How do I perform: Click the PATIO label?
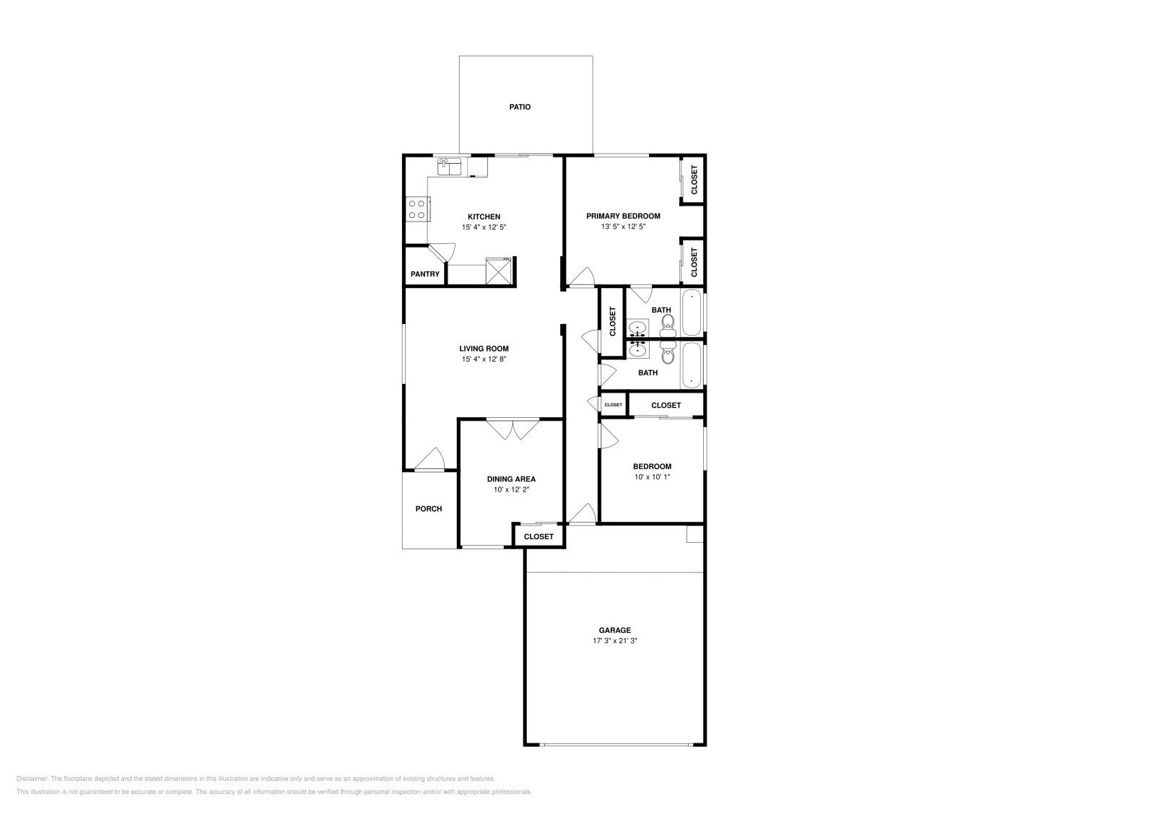pos(520,107)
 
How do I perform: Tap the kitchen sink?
pos(450,167)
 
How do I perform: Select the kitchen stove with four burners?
pos(417,209)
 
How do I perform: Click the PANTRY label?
pos(425,274)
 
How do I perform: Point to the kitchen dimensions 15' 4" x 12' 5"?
pos(484,227)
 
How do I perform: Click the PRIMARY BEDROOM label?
pos(623,216)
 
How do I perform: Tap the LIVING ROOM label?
pos(484,349)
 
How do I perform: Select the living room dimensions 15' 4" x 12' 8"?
pos(484,359)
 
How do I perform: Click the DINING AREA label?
pos(511,479)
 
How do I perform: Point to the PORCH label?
pos(429,509)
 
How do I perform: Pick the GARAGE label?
pos(614,630)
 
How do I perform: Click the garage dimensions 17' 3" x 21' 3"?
pos(614,641)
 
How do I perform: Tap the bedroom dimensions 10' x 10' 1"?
pos(653,477)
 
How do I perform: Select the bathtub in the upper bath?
pos(692,313)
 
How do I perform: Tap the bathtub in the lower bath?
pos(692,365)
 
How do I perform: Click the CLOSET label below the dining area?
pos(539,536)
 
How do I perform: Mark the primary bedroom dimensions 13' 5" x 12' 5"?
pos(623,227)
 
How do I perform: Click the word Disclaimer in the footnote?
pos(32,779)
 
